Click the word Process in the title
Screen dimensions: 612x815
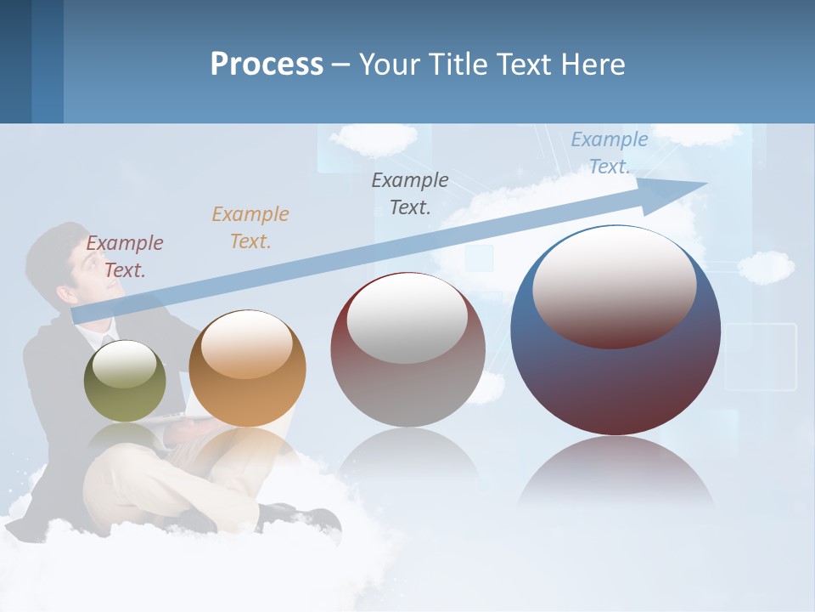tap(267, 64)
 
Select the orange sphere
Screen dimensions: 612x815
tap(247, 370)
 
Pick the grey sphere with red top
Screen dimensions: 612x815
tap(407, 350)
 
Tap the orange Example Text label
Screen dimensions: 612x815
tap(250, 228)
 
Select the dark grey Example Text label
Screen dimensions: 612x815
tap(410, 194)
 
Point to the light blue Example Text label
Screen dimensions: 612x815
tap(609, 153)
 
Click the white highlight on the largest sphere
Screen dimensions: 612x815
tap(614, 285)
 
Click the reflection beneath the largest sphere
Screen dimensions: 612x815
tap(615, 476)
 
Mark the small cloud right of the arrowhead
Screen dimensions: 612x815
tap(766, 266)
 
